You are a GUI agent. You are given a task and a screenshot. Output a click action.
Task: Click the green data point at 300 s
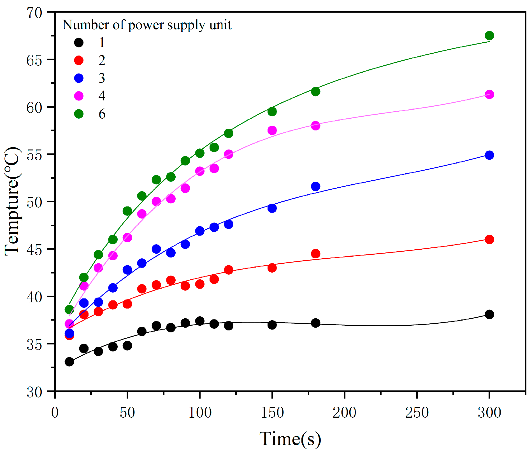point(489,36)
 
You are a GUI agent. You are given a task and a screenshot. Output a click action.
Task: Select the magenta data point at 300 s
point(489,95)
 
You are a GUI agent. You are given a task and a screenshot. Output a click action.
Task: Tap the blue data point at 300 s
point(489,155)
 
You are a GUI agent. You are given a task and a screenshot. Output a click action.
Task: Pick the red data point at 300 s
point(489,240)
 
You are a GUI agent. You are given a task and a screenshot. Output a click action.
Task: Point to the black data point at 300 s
point(489,314)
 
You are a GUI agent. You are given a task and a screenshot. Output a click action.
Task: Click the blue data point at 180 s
point(315,187)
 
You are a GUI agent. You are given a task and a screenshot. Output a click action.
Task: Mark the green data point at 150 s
point(272,112)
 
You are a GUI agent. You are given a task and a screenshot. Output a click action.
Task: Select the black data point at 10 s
point(69,362)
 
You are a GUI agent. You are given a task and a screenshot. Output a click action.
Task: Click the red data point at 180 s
point(315,254)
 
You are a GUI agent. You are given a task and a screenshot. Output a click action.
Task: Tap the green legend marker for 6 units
point(79,114)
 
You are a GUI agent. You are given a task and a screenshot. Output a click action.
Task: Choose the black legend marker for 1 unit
point(79,43)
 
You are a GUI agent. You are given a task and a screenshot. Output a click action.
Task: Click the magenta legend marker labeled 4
point(79,96)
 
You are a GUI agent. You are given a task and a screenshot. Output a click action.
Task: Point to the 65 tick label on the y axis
point(34,60)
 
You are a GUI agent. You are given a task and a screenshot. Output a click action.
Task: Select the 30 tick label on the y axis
point(34,392)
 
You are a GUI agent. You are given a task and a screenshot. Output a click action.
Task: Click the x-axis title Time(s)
point(290,439)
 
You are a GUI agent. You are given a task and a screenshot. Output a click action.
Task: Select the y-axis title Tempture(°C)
point(13,201)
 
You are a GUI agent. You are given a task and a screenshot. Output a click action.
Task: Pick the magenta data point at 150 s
point(272,130)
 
